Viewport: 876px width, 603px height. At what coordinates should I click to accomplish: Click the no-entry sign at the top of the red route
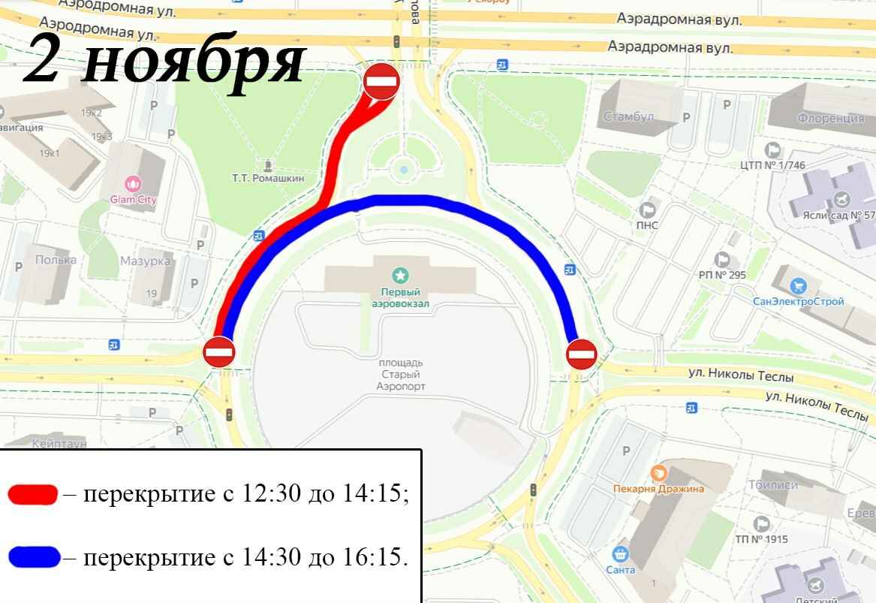click(x=381, y=81)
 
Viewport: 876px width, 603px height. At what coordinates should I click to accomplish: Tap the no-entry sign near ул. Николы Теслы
click(x=581, y=354)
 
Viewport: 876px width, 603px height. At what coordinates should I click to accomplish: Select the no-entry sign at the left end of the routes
click(x=219, y=351)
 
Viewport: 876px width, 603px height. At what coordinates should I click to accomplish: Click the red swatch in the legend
click(x=33, y=494)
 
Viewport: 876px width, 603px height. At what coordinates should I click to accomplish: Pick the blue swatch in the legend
click(x=34, y=556)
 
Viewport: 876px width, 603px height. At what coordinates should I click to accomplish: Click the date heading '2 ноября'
click(x=164, y=59)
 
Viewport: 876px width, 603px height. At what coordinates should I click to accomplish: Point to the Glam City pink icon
click(x=133, y=182)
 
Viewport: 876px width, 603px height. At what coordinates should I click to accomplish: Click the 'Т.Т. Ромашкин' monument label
click(x=268, y=178)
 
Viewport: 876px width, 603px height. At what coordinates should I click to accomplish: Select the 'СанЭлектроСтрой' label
click(x=799, y=301)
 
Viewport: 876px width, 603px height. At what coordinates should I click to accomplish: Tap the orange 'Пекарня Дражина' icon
click(x=658, y=472)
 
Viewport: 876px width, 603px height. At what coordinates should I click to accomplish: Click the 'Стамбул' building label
click(x=629, y=117)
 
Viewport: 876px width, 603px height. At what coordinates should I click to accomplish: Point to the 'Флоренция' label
click(x=831, y=119)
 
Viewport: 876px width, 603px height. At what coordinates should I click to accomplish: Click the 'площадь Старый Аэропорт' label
click(x=400, y=374)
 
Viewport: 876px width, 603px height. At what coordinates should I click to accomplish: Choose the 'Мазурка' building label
click(x=146, y=261)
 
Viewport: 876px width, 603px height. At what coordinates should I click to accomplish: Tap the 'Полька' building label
click(x=56, y=260)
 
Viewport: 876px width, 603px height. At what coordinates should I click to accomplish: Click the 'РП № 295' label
click(x=722, y=275)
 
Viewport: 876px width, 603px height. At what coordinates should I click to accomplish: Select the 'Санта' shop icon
click(x=620, y=554)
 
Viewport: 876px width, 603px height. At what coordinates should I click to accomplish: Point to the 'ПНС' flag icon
click(x=647, y=210)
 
